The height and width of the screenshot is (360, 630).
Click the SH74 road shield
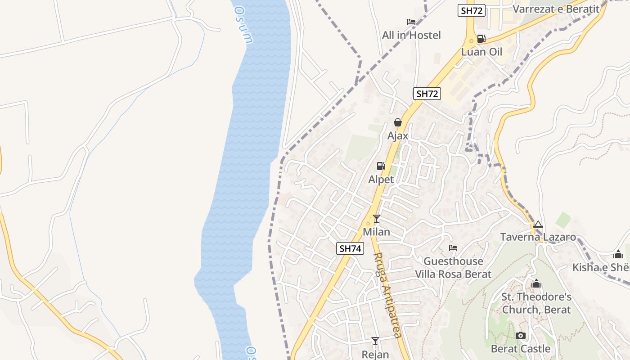coord(350,248)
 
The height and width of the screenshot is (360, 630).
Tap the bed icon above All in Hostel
coord(411,22)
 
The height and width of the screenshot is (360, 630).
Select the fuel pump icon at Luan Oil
coord(481,39)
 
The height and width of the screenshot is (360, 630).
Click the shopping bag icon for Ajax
coord(398,122)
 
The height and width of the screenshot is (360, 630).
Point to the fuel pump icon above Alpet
coord(381,166)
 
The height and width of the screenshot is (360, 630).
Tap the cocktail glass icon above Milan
coord(377,219)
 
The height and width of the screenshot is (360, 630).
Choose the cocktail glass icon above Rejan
coord(375,341)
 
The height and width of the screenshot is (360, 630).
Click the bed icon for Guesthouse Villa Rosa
coord(453,248)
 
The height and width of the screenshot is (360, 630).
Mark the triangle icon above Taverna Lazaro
coord(538,224)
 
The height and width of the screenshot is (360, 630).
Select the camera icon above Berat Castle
coord(521,335)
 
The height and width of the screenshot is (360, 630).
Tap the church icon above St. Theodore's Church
coord(536,284)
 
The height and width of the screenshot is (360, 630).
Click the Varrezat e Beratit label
coord(556,9)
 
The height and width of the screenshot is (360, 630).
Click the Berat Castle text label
coord(521,349)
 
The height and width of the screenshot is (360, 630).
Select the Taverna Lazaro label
coord(538,237)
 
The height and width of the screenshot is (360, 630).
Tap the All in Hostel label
coord(411,35)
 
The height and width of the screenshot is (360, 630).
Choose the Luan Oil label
coord(481,52)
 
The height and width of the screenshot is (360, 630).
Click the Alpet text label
coord(381,180)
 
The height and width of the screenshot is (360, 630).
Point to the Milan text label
coord(377,232)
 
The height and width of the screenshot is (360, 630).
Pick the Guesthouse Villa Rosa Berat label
coord(453,268)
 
